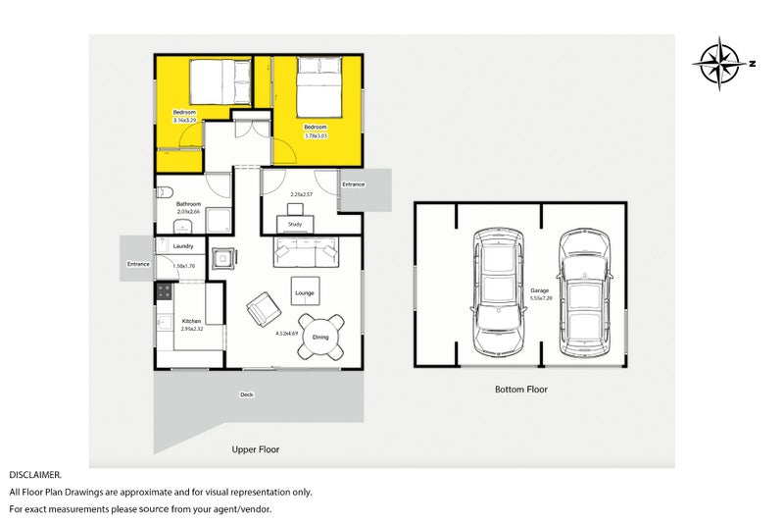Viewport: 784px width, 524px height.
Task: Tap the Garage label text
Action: coord(540,290)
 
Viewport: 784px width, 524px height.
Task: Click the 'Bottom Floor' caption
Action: coord(520,390)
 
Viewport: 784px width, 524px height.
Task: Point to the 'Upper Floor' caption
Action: coord(255,449)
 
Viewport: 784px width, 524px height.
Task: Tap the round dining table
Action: coord(321,337)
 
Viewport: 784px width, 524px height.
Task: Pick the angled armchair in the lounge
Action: coord(263,311)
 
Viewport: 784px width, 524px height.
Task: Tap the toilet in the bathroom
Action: coord(166,191)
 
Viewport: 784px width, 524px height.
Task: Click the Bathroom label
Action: coord(188,204)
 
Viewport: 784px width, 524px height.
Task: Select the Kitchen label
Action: coord(191,321)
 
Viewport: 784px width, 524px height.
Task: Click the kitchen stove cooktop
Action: coord(164,291)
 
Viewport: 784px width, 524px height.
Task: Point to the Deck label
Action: coord(247,395)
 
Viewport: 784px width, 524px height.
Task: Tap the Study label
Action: coord(295,225)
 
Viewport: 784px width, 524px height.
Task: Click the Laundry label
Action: coord(183,246)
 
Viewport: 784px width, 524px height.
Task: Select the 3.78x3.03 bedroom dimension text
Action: coord(316,136)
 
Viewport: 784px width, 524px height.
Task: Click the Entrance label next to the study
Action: coord(353,184)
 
